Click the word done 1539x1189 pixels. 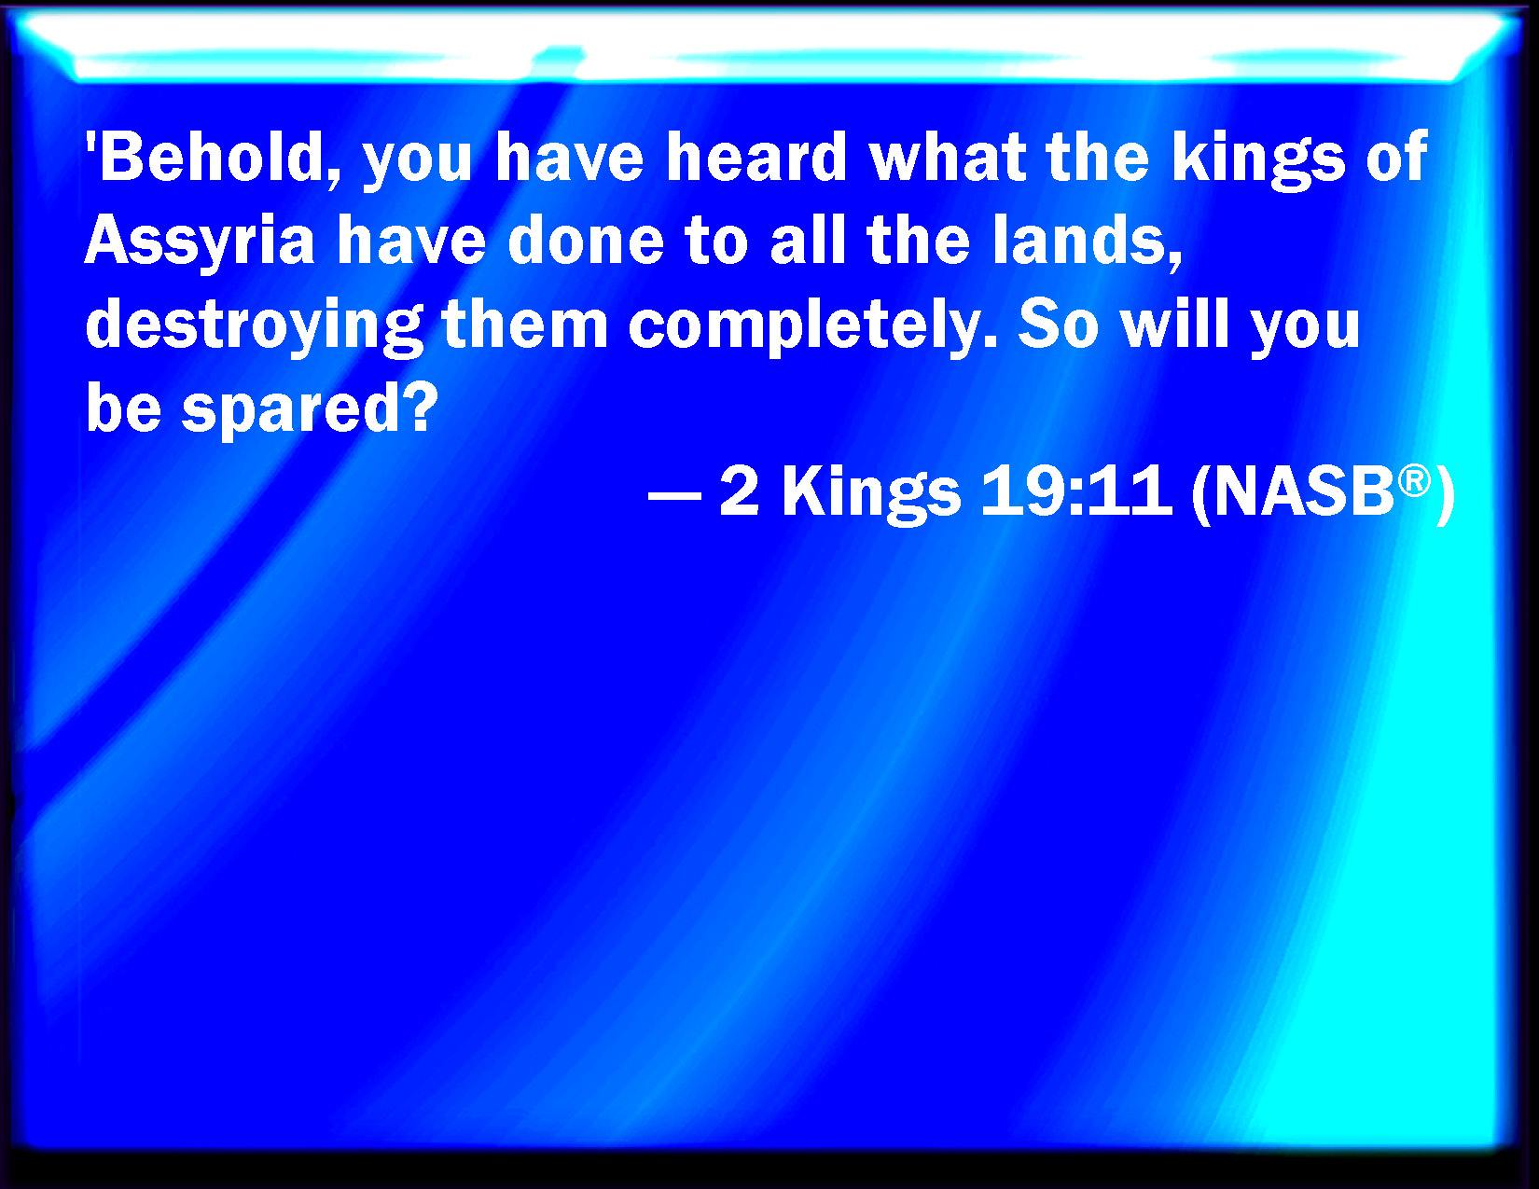[587, 240]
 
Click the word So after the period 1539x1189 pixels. [1059, 324]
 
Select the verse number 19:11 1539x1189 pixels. [1076, 491]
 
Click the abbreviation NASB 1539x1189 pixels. [1304, 491]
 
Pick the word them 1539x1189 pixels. [524, 324]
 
